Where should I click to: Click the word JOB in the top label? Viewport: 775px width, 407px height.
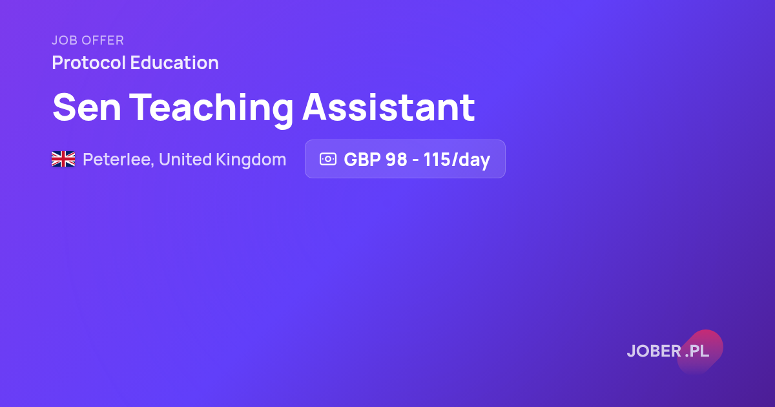(x=65, y=40)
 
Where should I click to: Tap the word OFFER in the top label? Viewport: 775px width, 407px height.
(x=103, y=40)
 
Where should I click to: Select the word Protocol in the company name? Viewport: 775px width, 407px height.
(x=89, y=63)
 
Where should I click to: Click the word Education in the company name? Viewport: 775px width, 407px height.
(x=174, y=63)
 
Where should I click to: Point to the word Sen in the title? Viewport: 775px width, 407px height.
(x=87, y=107)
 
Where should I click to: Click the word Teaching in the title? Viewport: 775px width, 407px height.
(x=211, y=110)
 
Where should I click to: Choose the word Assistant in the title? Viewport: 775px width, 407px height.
(x=389, y=107)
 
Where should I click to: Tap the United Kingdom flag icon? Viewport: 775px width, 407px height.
(x=63, y=159)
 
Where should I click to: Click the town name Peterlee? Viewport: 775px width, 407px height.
(x=117, y=160)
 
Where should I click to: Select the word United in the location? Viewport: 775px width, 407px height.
(x=185, y=160)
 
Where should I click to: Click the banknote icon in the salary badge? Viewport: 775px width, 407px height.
(x=328, y=159)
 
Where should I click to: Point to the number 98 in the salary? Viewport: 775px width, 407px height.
(x=397, y=160)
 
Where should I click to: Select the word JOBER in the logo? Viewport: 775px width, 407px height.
(x=654, y=351)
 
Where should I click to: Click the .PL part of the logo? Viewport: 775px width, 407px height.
(x=697, y=351)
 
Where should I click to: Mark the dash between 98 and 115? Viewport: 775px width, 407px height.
(x=415, y=161)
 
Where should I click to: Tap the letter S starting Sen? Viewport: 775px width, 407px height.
(x=65, y=107)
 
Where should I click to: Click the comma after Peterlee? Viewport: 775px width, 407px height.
(x=152, y=165)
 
